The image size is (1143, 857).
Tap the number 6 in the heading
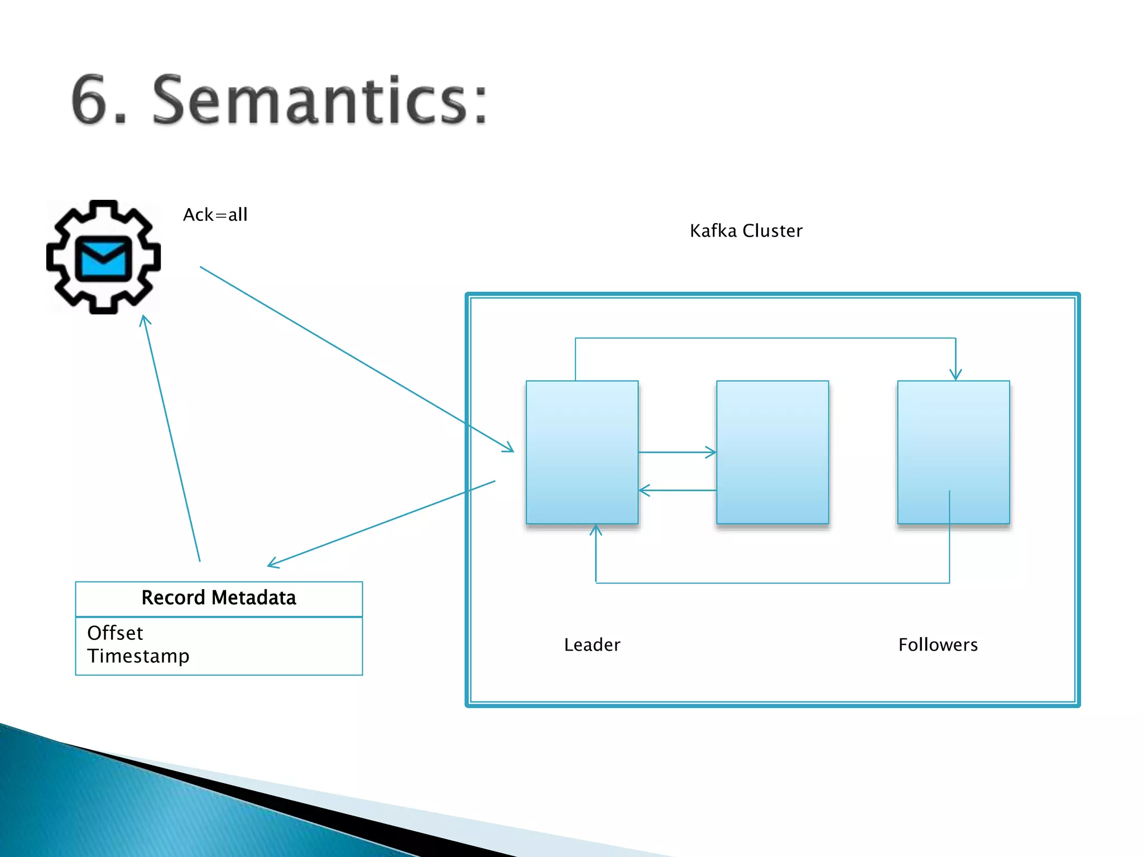[x=92, y=100]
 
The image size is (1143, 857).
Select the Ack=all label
[x=215, y=215]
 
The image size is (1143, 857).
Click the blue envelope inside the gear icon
[x=103, y=258]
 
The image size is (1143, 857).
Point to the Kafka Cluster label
[x=746, y=231]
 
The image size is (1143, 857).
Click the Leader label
[x=592, y=645]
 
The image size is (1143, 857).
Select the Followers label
[x=938, y=645]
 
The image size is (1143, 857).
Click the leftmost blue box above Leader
[x=582, y=452]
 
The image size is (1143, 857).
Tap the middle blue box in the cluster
[x=772, y=452]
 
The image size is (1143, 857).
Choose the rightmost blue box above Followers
[x=953, y=452]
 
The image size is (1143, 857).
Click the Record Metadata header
[x=219, y=598]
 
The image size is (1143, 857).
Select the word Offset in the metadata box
[x=115, y=633]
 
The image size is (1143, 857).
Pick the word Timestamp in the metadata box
[x=138, y=656]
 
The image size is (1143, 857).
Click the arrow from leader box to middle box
[x=678, y=452]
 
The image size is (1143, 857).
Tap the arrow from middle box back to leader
[x=678, y=490]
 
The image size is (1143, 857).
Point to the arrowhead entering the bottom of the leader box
[x=596, y=530]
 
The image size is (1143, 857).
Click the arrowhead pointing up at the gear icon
[x=145, y=320]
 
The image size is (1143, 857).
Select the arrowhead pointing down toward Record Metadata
[x=273, y=564]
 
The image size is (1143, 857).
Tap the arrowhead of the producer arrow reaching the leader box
[x=508, y=447]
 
